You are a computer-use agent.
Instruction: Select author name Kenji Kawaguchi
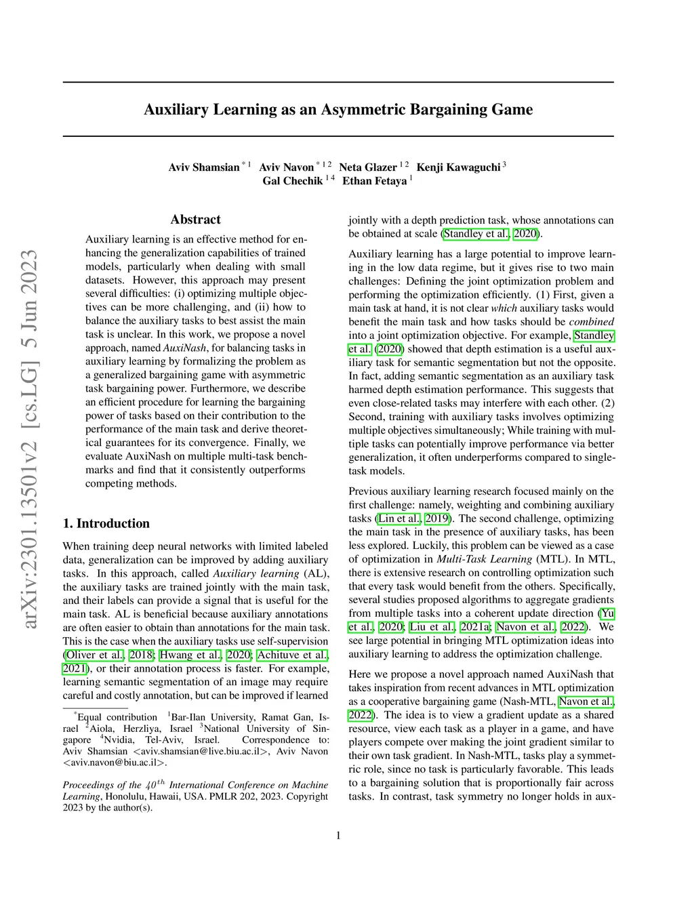pos(458,167)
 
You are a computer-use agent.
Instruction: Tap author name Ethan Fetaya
pos(374,181)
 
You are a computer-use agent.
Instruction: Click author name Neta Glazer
pos(368,167)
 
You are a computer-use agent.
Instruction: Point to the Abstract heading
pos(195,220)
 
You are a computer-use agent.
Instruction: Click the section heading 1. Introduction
pos(106,523)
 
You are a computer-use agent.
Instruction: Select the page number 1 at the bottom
pos(338,836)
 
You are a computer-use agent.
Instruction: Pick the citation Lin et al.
pos(399,518)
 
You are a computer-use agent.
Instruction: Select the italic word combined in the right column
pos(591,322)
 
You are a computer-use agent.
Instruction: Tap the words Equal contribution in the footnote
pos(117,717)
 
